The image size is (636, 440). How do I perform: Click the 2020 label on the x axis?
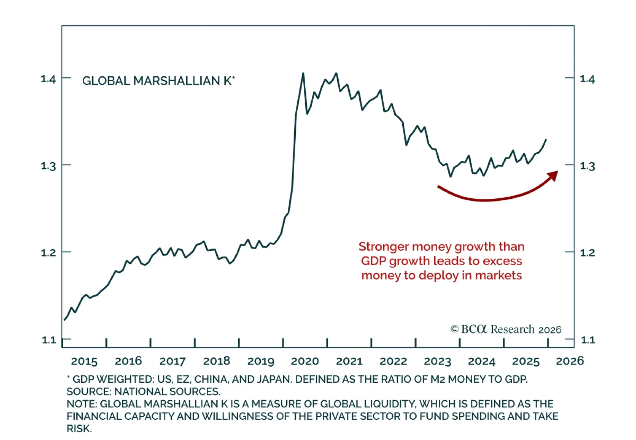(x=305, y=361)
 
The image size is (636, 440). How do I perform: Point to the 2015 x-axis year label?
(x=84, y=361)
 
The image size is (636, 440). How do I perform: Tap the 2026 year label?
(x=570, y=361)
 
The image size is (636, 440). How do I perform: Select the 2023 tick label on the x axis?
(x=437, y=361)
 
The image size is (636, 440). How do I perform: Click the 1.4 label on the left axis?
(x=48, y=79)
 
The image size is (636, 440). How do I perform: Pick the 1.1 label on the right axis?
(x=588, y=340)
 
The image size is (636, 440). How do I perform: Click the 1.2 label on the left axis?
(x=48, y=252)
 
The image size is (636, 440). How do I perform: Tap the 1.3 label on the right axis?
(x=588, y=166)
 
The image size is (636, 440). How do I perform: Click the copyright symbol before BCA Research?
(x=454, y=330)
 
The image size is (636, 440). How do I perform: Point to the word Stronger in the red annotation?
(x=384, y=247)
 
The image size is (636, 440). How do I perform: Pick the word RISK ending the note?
(x=79, y=428)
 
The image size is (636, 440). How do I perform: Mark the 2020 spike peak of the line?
(x=303, y=73)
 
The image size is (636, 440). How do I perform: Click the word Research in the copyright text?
(x=513, y=330)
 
